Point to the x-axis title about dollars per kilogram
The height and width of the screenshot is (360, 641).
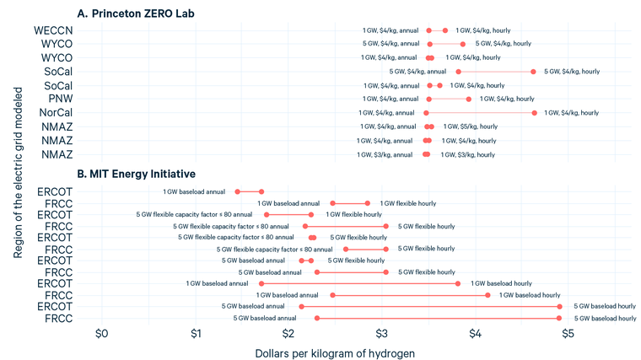(x=335, y=352)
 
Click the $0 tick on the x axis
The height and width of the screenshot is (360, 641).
(x=102, y=334)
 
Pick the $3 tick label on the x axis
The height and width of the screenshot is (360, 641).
(x=383, y=334)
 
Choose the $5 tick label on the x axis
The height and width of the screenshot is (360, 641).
(x=568, y=334)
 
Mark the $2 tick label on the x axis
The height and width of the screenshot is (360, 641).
(x=289, y=334)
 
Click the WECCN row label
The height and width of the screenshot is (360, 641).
(x=53, y=30)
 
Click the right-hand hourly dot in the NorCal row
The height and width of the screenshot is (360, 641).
(x=534, y=112)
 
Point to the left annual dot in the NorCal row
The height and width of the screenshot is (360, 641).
(x=426, y=112)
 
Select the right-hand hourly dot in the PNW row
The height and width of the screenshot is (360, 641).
(x=469, y=99)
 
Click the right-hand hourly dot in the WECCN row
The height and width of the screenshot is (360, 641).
(x=445, y=30)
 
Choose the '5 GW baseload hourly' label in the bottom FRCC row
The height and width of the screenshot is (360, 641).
(x=605, y=318)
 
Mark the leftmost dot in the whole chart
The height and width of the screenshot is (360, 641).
(x=237, y=191)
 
